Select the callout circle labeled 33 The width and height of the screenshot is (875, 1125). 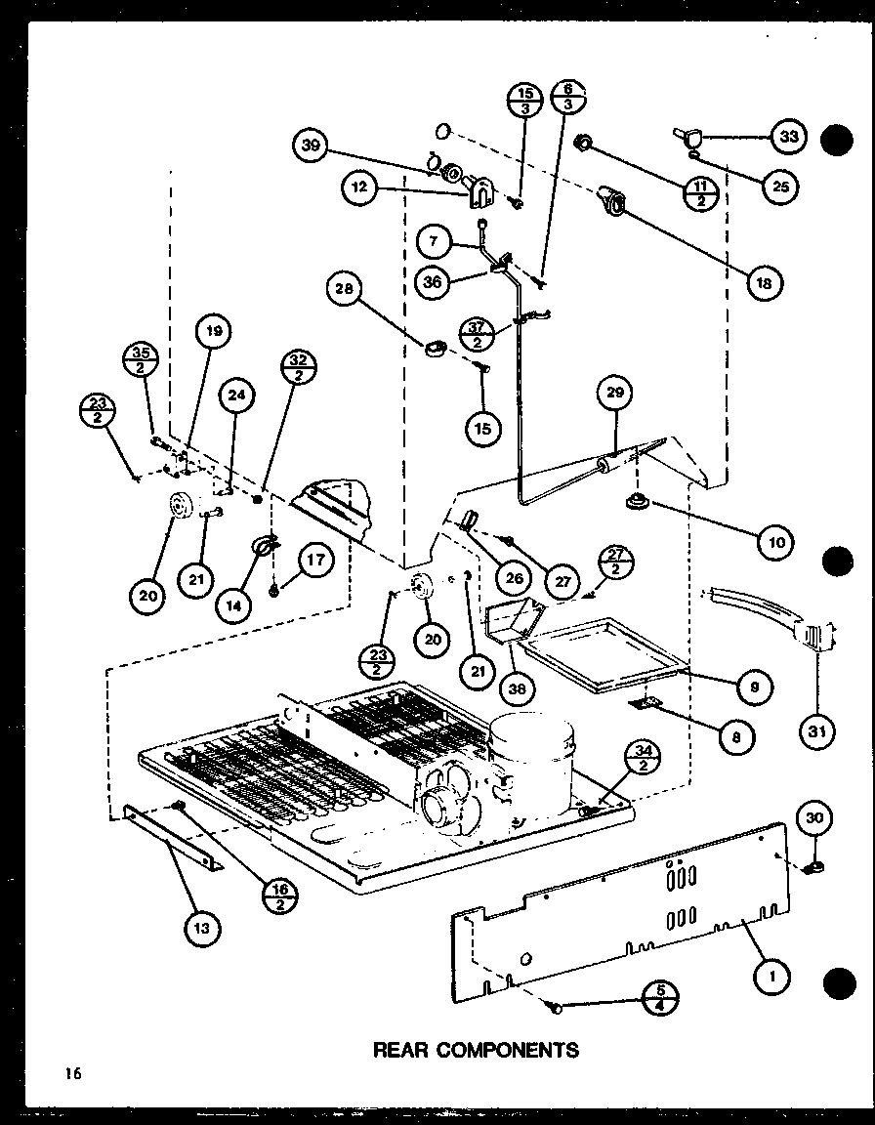[789, 137]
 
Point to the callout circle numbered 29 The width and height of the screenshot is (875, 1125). [616, 395]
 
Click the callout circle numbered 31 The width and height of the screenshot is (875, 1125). [815, 728]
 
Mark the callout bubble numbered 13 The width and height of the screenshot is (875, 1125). [201, 928]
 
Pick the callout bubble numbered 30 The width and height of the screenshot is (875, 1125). [816, 817]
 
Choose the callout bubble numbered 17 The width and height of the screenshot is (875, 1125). [314, 562]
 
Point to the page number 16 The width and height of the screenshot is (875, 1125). [73, 1073]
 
